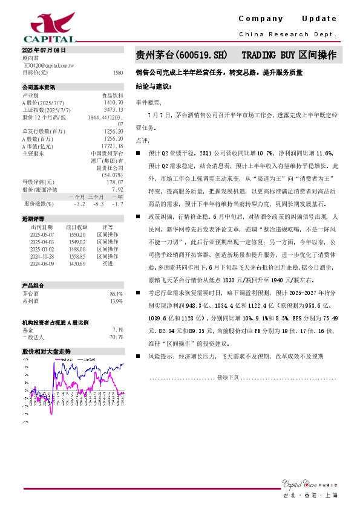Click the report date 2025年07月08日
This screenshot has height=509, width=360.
click(44, 50)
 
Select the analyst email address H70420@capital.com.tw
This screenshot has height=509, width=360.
click(49, 65)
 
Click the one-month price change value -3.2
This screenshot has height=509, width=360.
click(78, 204)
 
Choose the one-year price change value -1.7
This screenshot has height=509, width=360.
click(118, 204)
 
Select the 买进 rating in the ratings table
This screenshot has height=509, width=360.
click(108, 263)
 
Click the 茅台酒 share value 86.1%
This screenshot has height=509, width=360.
click(116, 294)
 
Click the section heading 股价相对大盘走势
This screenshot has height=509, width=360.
click(46, 351)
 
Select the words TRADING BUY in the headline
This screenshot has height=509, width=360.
click(269, 55)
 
